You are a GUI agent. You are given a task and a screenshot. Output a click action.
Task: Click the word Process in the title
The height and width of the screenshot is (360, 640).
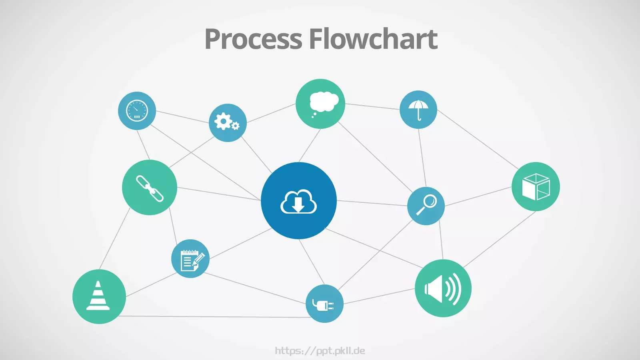pos(254,39)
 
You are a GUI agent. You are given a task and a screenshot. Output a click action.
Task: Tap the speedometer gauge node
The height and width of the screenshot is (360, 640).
pos(137,110)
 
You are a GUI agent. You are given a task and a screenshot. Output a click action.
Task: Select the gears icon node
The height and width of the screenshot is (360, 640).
pos(228,122)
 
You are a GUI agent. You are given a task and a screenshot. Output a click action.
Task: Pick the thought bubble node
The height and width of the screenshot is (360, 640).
pos(320,104)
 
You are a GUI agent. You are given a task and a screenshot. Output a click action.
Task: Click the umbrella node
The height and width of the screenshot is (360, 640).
pos(418,110)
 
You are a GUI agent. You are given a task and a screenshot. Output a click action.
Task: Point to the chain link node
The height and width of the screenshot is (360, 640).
pos(150,188)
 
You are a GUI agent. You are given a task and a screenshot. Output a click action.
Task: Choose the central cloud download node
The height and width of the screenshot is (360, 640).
pos(298,200)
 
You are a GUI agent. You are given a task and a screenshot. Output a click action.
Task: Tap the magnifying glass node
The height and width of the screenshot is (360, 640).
pos(426,206)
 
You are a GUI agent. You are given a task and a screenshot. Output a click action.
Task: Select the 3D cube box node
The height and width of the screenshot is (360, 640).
pos(536,186)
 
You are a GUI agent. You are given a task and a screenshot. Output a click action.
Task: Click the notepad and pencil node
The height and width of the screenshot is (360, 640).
pos(190,258)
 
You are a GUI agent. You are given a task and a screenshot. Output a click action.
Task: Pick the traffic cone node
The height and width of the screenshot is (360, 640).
pos(99,296)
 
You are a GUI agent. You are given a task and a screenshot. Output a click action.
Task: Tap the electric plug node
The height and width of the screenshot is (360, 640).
pos(324,304)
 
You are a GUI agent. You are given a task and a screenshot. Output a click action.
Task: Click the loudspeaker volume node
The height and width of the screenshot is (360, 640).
pos(443,288)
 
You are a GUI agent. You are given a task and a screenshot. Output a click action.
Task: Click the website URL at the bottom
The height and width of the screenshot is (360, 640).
pos(320,350)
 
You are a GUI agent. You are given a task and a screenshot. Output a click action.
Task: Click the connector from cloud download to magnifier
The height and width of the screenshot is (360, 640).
pos(372,203)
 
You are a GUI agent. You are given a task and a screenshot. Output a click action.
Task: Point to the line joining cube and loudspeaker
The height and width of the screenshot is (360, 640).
pos(500,240)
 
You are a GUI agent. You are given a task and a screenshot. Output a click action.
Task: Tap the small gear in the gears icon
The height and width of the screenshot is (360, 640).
pos(235,126)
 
